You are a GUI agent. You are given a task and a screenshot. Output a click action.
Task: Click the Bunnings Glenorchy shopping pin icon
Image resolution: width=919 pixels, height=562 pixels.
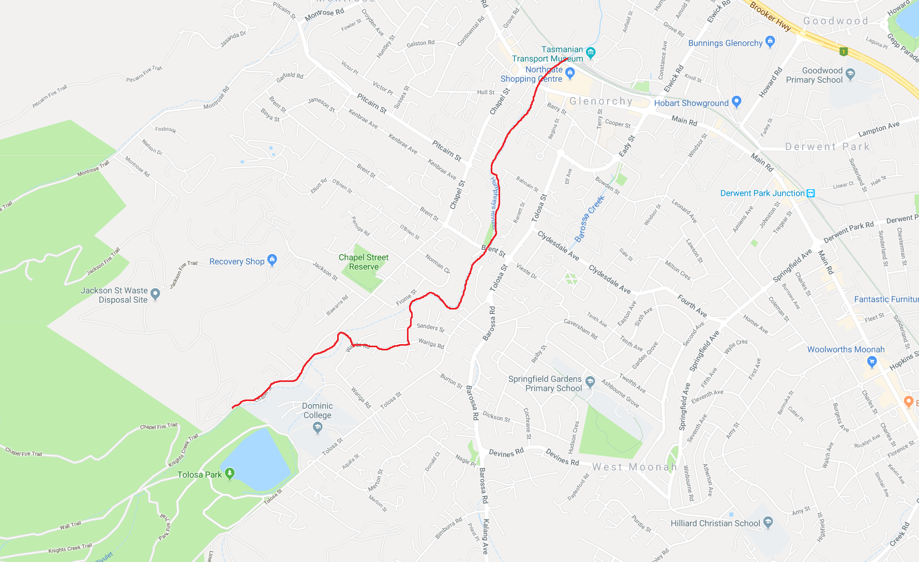click(770, 42)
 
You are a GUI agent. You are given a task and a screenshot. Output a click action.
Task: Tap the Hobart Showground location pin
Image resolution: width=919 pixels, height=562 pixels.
click(736, 102)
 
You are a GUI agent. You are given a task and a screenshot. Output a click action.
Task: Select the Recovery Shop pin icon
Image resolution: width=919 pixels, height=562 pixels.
click(272, 260)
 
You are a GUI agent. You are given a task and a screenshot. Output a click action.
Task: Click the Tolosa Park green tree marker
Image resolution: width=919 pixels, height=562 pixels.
click(230, 474)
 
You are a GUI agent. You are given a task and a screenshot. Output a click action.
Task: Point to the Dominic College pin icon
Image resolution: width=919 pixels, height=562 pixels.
click(318, 427)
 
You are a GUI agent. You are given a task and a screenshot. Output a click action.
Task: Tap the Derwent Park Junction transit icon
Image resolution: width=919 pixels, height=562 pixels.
click(810, 194)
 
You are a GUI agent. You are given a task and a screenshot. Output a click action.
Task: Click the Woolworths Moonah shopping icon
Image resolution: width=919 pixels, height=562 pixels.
click(872, 362)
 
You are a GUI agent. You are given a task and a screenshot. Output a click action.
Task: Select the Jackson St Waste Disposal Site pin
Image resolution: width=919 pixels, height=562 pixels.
click(155, 294)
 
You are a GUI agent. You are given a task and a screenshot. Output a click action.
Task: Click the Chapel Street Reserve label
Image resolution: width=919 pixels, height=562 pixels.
click(364, 262)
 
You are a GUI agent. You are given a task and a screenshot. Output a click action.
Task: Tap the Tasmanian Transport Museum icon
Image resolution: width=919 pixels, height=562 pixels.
click(591, 52)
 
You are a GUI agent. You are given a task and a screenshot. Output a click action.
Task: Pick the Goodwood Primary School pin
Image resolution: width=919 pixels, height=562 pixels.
click(850, 74)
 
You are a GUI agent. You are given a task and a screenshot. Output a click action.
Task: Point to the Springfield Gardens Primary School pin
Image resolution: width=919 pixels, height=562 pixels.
click(590, 383)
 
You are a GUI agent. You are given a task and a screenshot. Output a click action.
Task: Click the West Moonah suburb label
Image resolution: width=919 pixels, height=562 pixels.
click(635, 467)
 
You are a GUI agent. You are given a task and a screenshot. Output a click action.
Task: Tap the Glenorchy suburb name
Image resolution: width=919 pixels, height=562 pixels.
click(601, 101)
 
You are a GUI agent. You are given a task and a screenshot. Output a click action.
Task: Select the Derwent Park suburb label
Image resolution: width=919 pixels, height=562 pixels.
click(827, 147)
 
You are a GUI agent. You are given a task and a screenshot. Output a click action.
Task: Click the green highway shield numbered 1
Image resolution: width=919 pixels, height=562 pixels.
click(843, 51)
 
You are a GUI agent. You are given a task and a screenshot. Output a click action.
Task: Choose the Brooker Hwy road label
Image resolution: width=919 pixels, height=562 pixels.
click(770, 16)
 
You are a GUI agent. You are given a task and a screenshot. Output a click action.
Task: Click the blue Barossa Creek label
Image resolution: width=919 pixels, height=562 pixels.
click(590, 219)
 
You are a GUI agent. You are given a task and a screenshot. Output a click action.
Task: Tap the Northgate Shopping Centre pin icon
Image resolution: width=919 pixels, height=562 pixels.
click(570, 73)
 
